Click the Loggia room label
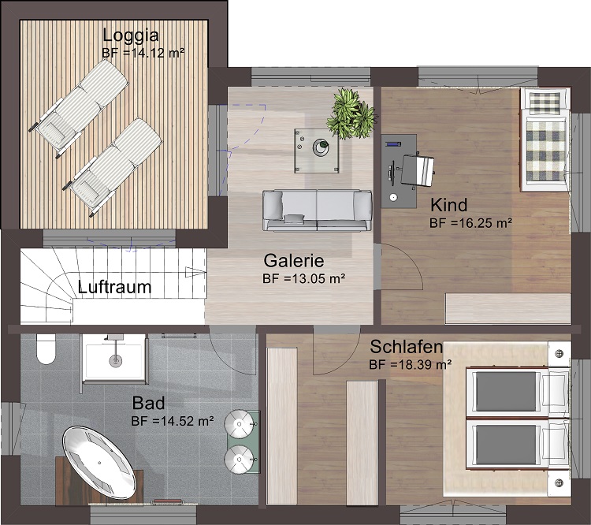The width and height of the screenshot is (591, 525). pyautogui.click(x=131, y=35)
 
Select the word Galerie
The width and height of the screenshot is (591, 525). pyautogui.click(x=294, y=260)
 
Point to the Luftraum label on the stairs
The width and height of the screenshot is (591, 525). pyautogui.click(x=114, y=287)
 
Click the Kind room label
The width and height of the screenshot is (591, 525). pyautogui.click(x=449, y=205)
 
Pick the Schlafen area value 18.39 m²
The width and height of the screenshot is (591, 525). pyautogui.click(x=420, y=365)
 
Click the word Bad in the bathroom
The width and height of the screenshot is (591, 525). pyautogui.click(x=148, y=403)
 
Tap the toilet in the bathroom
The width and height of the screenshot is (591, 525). pyautogui.click(x=46, y=349)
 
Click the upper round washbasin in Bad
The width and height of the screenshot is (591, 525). pyautogui.click(x=239, y=424)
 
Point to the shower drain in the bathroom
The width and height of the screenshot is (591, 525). pyautogui.click(x=115, y=360)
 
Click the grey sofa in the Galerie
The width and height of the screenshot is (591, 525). pyautogui.click(x=317, y=210)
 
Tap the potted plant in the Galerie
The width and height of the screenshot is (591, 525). pyautogui.click(x=351, y=114)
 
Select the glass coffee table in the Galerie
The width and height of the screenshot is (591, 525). pyautogui.click(x=317, y=151)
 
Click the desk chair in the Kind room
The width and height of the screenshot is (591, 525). pyautogui.click(x=418, y=171)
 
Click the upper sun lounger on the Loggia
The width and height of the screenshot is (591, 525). pyautogui.click(x=79, y=108)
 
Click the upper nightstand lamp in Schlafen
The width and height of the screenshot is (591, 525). pyautogui.click(x=559, y=354)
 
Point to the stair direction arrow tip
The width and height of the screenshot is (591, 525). pyautogui.click(x=206, y=271)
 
